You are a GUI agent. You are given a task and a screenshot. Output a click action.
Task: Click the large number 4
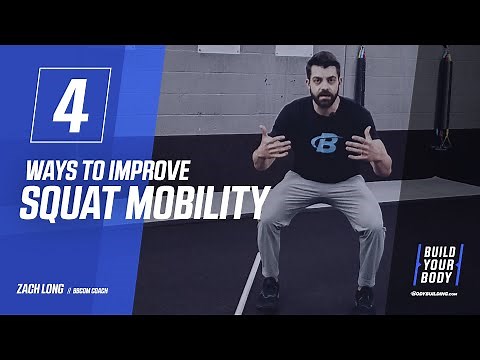pos(71,105)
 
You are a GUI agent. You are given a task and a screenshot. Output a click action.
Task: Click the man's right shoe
pos(268,291)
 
